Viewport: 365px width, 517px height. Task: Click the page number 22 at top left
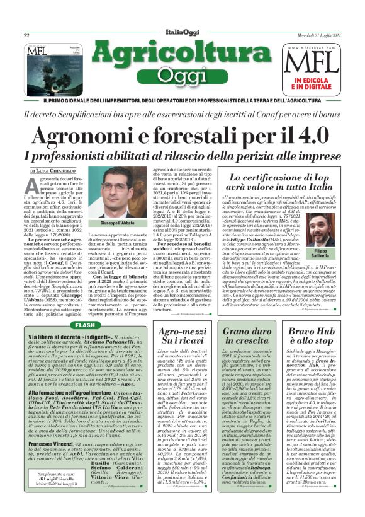click(27, 36)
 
